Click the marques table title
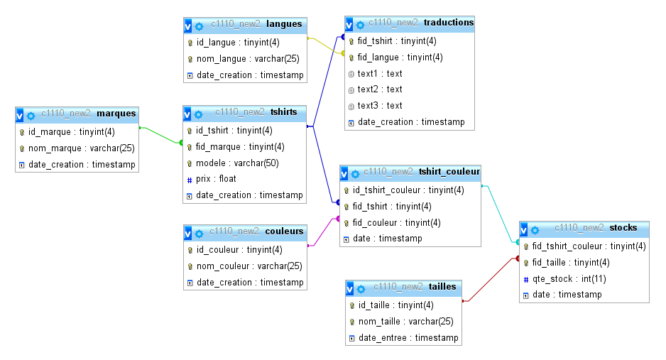coord(116,113)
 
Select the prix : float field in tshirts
coord(217,179)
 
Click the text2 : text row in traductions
coord(380,89)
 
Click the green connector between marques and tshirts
coord(160,135)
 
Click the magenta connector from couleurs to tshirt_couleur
coord(322,231)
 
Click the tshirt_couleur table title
coord(449,171)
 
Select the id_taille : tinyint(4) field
coord(395,305)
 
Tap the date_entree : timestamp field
coord(408,338)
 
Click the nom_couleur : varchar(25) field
coord(249,266)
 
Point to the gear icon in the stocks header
coord(535,229)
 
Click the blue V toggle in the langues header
coord(187,26)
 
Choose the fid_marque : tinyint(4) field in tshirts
coord(240,147)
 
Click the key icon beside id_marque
coord(22,132)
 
